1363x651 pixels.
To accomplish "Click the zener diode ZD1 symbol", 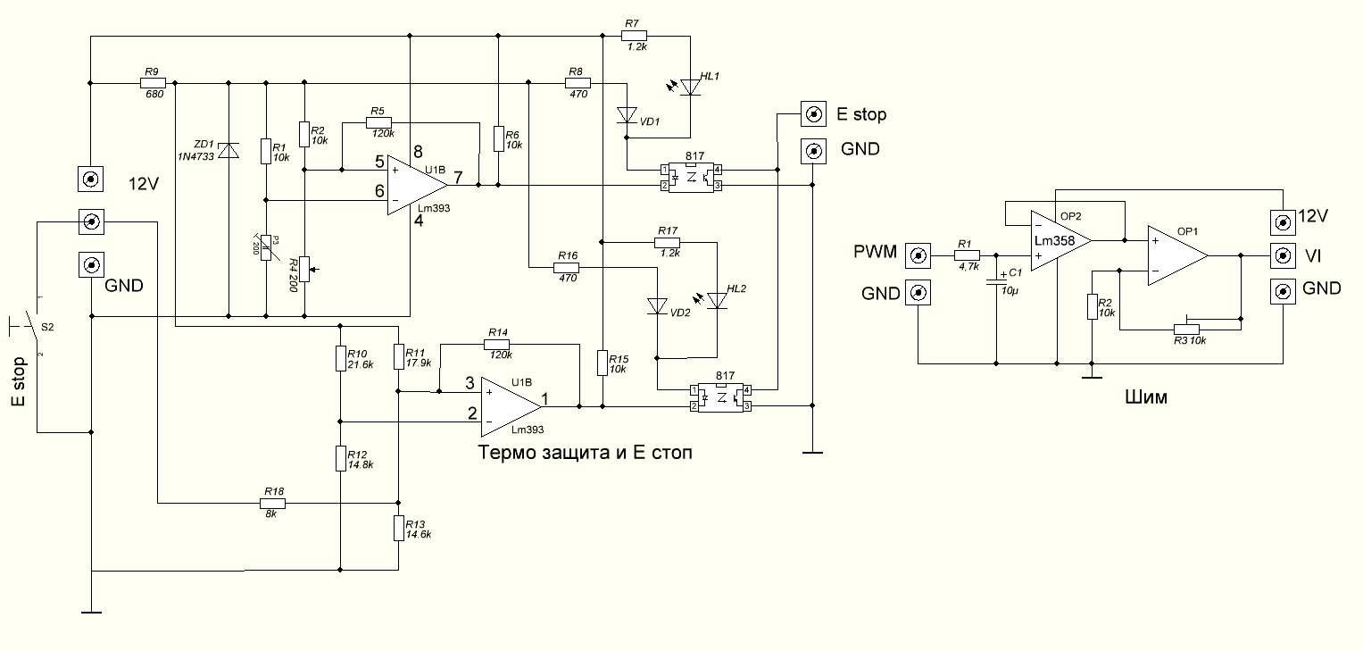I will [229, 151].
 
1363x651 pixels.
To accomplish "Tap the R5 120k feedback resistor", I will [379, 123].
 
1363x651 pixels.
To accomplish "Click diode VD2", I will [657, 307].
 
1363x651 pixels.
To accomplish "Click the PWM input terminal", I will [918, 257].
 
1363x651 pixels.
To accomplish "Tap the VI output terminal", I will [1283, 256].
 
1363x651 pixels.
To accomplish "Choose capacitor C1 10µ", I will [996, 284].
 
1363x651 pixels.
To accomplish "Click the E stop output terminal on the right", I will [813, 114].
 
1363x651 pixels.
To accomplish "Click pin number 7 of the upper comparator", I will [458, 177].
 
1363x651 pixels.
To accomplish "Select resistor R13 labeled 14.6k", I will [398, 528].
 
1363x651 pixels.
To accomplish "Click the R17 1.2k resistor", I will [667, 242].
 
